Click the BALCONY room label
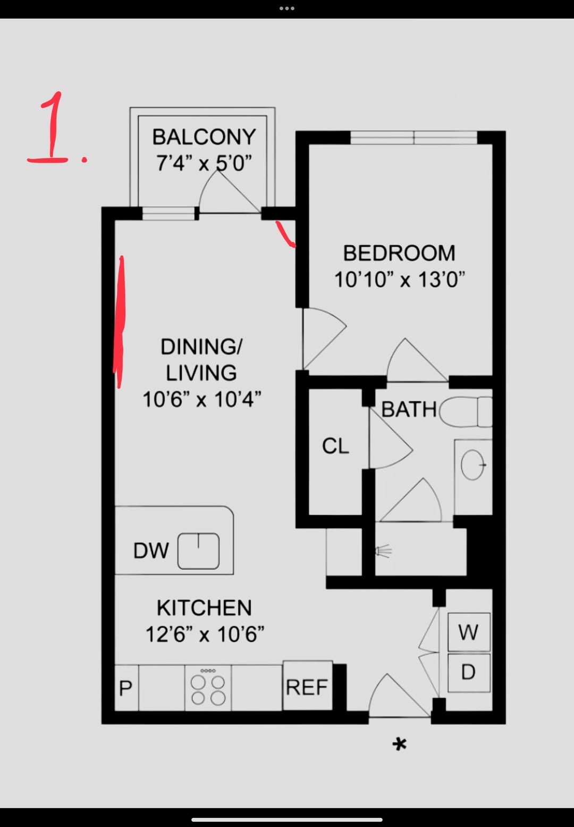(204, 137)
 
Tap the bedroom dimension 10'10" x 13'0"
(400, 280)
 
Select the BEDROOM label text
(399, 253)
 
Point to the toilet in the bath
(466, 412)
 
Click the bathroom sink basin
(472, 465)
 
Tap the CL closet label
(335, 446)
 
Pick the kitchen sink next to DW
(198, 551)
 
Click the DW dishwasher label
(151, 551)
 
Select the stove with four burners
(208, 688)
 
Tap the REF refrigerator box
(307, 685)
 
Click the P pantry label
(125, 688)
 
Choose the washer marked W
(469, 632)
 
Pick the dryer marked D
(469, 673)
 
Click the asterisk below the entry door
(400, 745)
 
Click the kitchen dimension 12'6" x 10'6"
(205, 634)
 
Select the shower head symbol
(383, 551)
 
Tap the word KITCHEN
(204, 608)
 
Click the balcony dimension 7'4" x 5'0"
(204, 163)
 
